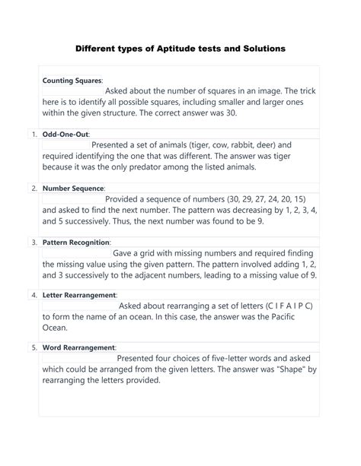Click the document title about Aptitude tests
pyautogui.click(x=180, y=48)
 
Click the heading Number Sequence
pyautogui.click(x=74, y=187)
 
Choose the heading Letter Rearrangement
pyautogui.click(x=79, y=294)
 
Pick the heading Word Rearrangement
pyautogui.click(x=78, y=347)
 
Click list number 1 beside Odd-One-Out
pyautogui.click(x=34, y=134)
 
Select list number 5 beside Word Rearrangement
pyautogui.click(x=34, y=348)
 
